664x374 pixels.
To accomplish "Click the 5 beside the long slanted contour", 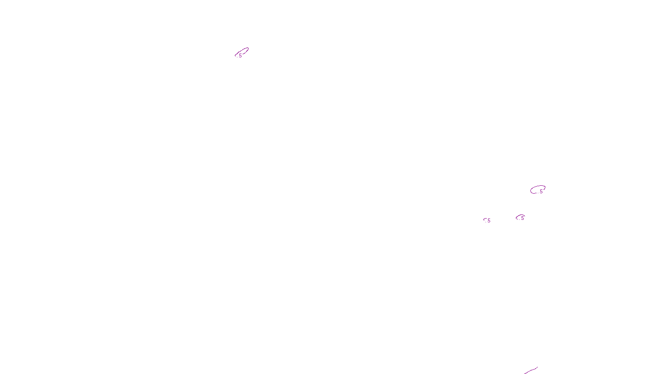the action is (240, 56).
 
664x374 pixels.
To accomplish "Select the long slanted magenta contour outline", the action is (244, 50).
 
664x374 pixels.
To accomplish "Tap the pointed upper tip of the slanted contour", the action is (248, 48).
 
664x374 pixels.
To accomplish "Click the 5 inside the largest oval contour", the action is (541, 192).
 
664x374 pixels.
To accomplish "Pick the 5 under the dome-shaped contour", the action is (522, 218).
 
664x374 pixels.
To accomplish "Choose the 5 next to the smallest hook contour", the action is (489, 221).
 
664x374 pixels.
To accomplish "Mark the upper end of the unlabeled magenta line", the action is (537, 367).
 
